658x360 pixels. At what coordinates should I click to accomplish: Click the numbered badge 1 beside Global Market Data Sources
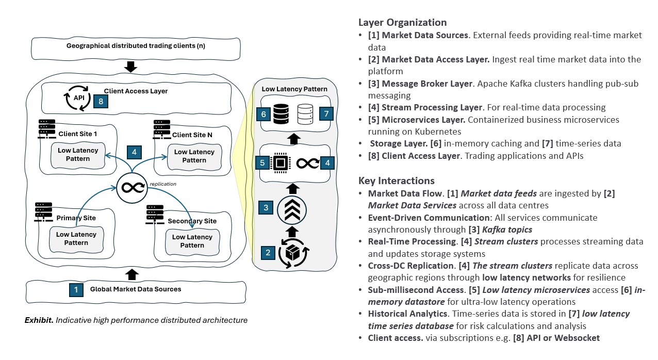(76, 289)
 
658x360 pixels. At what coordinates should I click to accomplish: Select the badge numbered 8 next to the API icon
(101, 101)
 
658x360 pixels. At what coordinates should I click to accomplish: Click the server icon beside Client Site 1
(47, 129)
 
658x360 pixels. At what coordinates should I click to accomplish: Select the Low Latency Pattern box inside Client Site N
(194, 156)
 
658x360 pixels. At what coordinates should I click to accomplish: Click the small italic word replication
(163, 183)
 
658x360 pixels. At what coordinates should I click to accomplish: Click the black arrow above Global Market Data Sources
(132, 273)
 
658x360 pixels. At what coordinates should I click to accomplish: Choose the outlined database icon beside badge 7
(305, 113)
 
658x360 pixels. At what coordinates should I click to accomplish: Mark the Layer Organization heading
(402, 23)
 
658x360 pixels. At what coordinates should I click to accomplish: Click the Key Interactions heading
(396, 181)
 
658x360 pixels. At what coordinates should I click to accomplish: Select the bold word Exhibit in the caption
(39, 320)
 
